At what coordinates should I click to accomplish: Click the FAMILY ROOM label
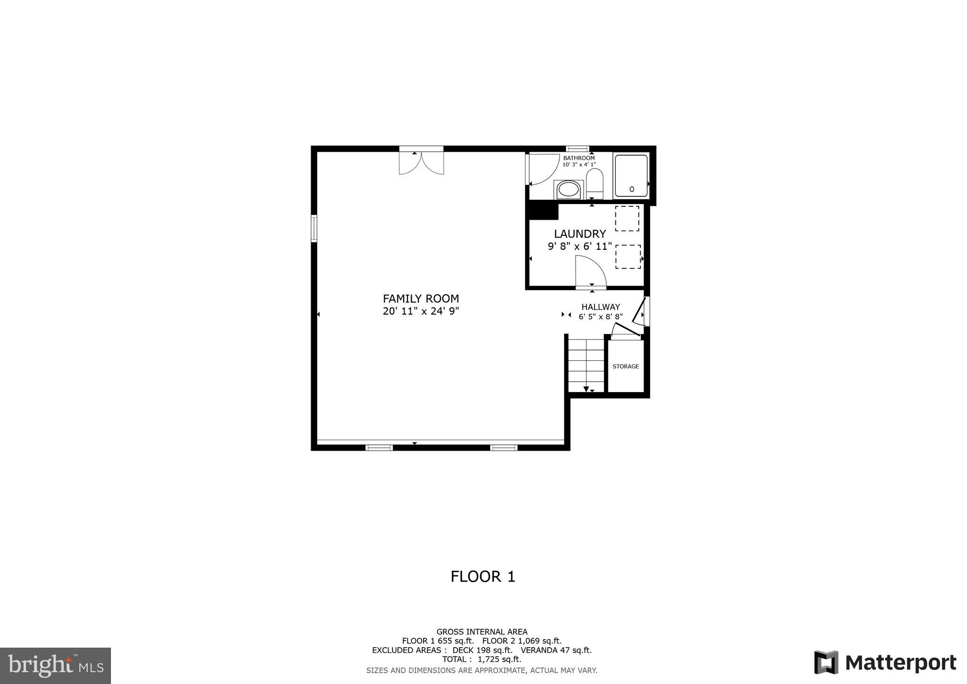[421, 299]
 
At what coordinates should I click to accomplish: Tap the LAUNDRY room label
[579, 234]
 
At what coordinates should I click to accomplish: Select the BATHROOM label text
[579, 158]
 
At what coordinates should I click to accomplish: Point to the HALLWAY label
[601, 307]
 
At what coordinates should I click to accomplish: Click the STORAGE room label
[626, 367]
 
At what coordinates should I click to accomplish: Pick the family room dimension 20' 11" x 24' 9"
[421, 311]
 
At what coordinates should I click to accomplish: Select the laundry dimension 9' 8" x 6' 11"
[579, 246]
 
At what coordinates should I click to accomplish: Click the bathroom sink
[568, 190]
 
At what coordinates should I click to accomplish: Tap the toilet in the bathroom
[594, 184]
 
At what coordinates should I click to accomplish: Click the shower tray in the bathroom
[631, 176]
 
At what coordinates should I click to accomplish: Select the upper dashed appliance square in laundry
[627, 218]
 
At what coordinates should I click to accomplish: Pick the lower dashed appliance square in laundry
[628, 256]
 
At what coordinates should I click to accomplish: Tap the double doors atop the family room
[421, 162]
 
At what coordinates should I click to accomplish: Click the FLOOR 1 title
[483, 577]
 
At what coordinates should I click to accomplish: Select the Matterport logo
[885, 662]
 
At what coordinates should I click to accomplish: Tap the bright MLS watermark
[55, 666]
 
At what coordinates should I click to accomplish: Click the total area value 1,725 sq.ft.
[499, 659]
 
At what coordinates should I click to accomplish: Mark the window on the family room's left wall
[314, 229]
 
